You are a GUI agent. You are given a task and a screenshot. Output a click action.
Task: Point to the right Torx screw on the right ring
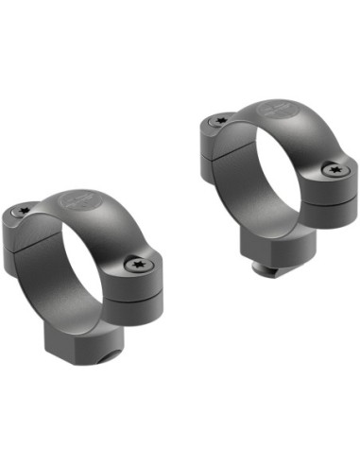(334, 171)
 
